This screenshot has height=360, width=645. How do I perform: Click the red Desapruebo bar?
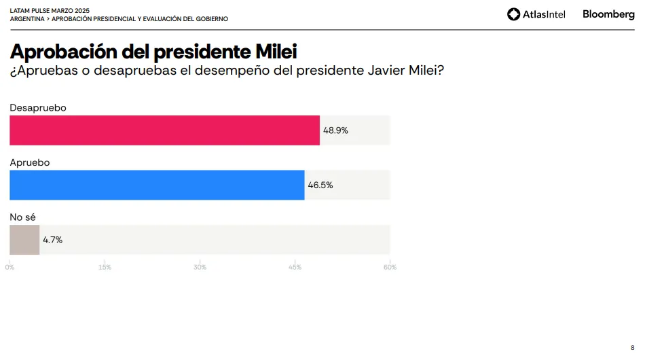pos(164,130)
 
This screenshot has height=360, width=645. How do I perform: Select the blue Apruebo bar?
pos(157,185)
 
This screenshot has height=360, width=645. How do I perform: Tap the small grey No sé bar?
pos(24,240)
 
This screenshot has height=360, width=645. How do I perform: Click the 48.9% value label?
pos(335,130)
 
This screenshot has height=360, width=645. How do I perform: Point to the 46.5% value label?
pos(320,185)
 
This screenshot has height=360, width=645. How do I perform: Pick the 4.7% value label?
pos(52,240)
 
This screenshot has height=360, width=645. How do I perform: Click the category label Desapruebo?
pos(38,108)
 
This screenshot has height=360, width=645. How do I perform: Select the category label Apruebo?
pos(30,162)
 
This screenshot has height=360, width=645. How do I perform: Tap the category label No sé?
pos(22,217)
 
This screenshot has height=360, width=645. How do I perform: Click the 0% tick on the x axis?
pos(10,267)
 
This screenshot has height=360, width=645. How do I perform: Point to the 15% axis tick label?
pos(105,267)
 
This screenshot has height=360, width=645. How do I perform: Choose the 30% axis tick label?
pos(200,267)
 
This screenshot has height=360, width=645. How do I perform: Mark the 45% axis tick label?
pos(295,267)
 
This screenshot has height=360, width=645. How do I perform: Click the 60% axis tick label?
pos(390,267)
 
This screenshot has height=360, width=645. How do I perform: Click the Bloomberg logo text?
pos(608,14)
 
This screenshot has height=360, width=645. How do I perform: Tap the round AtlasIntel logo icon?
pos(514,14)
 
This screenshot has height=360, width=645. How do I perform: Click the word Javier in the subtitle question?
pos(379,71)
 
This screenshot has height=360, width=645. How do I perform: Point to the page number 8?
pos(632,347)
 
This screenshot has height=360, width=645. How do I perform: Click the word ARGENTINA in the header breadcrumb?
pos(27,19)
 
